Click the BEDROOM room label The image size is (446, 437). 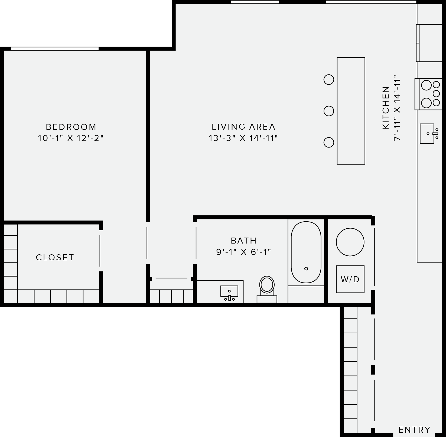pyautogui.click(x=71, y=127)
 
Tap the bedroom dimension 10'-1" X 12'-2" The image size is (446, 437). pyautogui.click(x=71, y=138)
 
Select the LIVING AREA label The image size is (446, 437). pyautogui.click(x=243, y=127)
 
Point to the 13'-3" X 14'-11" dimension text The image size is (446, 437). pyautogui.click(x=243, y=138)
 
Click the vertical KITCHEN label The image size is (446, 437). pyautogui.click(x=385, y=108)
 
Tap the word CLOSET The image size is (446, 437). pyautogui.click(x=55, y=257)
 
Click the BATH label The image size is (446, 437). pyautogui.click(x=244, y=241)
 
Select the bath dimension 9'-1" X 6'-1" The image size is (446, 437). pyautogui.click(x=244, y=252)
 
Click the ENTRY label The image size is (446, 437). pyautogui.click(x=414, y=430)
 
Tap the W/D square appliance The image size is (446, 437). pyautogui.click(x=350, y=279)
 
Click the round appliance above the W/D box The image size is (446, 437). pyautogui.click(x=350, y=242)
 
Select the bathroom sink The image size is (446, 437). pyautogui.click(x=229, y=292)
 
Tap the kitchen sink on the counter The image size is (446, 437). pyautogui.click(x=428, y=134)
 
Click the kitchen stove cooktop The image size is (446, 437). pyautogui.click(x=430, y=94)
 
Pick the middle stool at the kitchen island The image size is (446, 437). pyautogui.click(x=329, y=111)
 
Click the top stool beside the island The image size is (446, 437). pyautogui.click(x=329, y=80)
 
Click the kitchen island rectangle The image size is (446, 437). pyautogui.click(x=351, y=111)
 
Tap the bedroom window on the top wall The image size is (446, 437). pyautogui.click(x=55, y=49)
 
